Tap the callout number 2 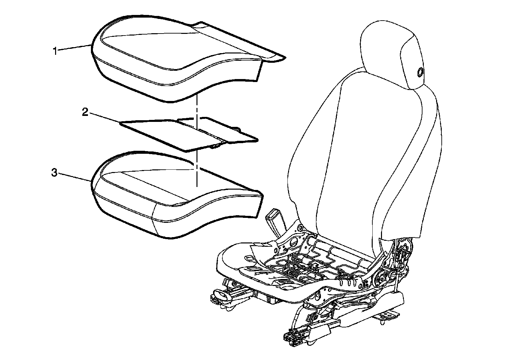[x=85, y=112]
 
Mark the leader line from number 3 [x=75, y=177]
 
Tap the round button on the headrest [x=420, y=72]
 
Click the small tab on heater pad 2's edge [x=216, y=145]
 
